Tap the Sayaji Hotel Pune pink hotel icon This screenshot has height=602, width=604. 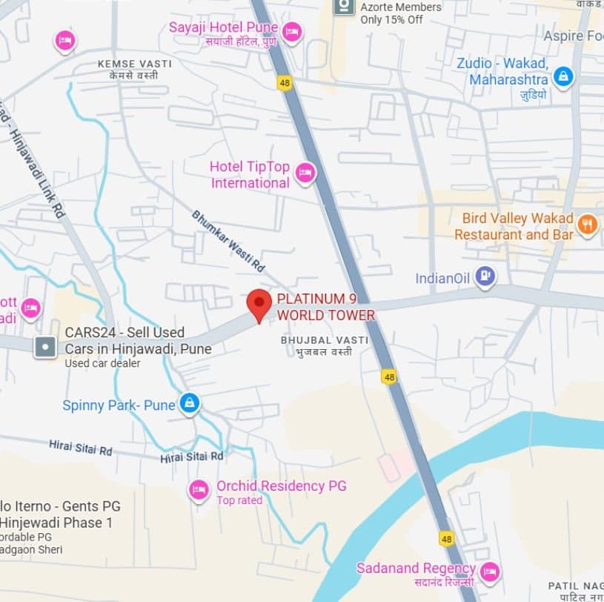pos(292,32)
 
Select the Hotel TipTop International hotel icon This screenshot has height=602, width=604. pos(305,173)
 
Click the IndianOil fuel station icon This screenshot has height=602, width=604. pos(485,277)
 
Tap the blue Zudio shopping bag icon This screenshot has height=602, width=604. pos(563,76)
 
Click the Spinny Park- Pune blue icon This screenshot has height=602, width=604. pos(190,403)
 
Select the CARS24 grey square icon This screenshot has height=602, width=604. pos(46,345)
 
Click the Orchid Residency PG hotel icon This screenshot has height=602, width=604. pos(199,489)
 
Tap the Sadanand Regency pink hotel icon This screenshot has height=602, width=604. pos(489,571)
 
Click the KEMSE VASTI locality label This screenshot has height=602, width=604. pos(134,64)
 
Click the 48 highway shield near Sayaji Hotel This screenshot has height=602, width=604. pos(284,82)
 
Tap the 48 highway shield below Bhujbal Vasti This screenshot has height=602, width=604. pos(389,377)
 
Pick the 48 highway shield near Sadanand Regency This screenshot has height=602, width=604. pos(446,539)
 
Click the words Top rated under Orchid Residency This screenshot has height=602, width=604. pos(239,500)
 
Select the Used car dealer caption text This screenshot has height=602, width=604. pos(102,363)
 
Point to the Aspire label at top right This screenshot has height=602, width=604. pos(572,36)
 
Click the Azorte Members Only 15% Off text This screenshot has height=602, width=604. pos(401,13)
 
